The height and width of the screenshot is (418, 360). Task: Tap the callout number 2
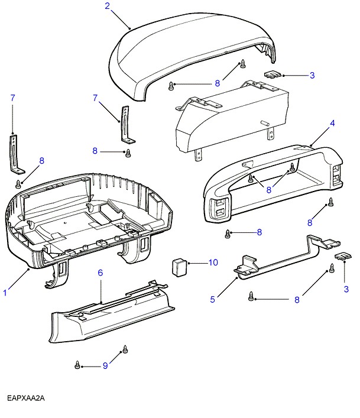108,7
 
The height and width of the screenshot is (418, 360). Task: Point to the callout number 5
212,300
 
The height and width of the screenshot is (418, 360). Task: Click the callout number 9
105,367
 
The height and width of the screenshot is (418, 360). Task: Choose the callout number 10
213,262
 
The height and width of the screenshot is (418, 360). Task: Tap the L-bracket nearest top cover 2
126,124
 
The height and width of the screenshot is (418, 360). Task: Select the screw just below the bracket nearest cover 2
128,154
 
